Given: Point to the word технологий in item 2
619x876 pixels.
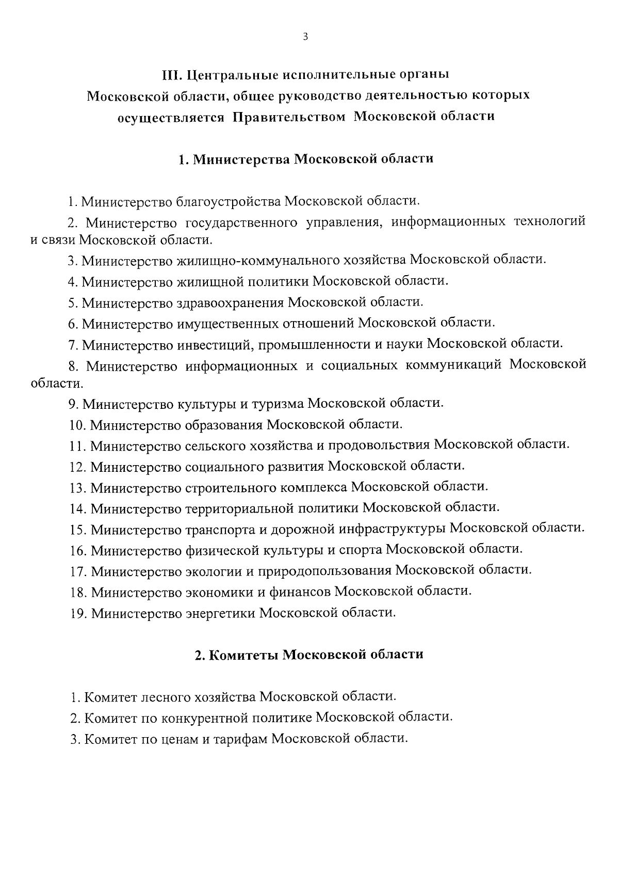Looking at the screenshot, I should [x=549, y=222].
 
